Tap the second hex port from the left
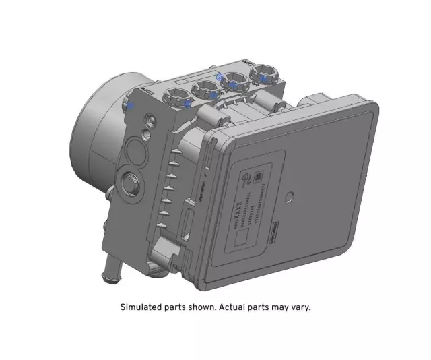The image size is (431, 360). click(205, 88)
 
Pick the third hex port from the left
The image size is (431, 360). click(234, 81)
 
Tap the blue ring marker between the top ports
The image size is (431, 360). click(219, 78)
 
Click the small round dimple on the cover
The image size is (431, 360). click(290, 198)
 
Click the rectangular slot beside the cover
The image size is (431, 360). click(191, 223)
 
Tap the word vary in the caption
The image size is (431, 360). click(300, 307)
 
